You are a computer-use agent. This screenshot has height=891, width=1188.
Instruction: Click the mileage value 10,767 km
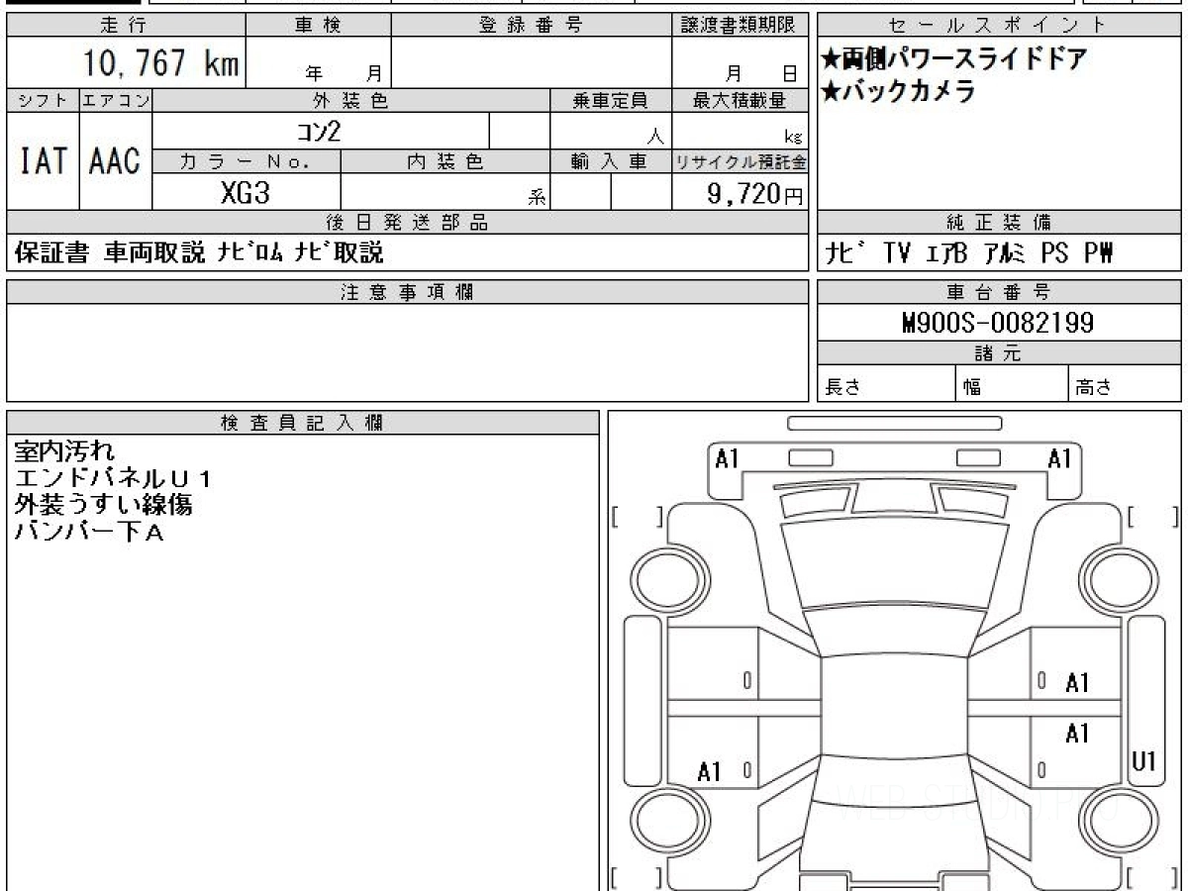pos(160,62)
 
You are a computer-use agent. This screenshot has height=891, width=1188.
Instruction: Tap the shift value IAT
pos(44,160)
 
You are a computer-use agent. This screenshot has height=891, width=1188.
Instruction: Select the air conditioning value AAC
pos(115,160)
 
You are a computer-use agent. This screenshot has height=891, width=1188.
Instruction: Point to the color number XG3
pos(246,193)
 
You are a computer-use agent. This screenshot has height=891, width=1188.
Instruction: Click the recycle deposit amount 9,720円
pos(755,194)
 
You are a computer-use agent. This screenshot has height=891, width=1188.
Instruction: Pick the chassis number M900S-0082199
pos(998,323)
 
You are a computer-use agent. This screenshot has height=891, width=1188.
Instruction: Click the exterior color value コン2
pos(319,132)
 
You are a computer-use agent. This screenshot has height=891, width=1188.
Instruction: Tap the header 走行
pos(124,25)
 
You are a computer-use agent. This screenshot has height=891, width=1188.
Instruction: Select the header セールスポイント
pos(998,25)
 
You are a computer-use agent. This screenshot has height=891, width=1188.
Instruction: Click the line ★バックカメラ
pos(898,91)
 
